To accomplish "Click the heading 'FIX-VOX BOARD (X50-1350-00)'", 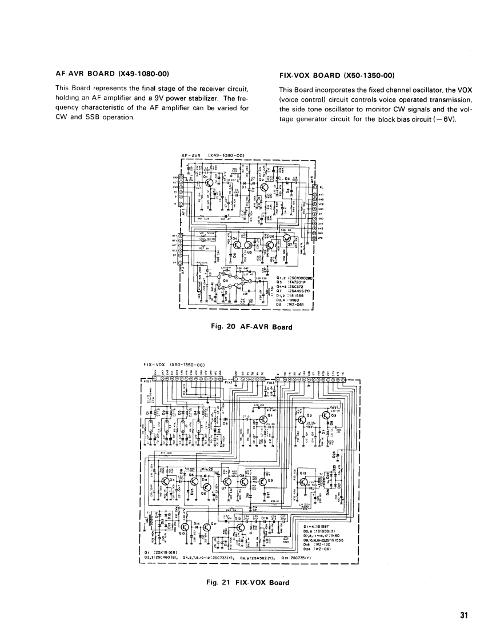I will (x=337, y=75).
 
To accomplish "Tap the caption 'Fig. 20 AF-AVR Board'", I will (x=251, y=327).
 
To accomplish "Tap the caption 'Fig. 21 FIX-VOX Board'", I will (x=248, y=583).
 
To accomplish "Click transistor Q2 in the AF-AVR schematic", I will (x=271, y=186).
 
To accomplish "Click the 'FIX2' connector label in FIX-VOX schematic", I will (x=271, y=383).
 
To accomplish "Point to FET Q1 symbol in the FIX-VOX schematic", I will (x=264, y=419).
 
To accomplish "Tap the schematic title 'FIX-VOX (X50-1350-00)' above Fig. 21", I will (x=174, y=364).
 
